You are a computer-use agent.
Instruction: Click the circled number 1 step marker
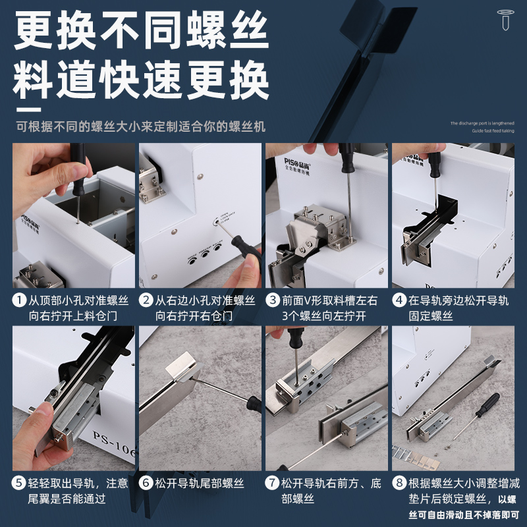(x=20, y=301)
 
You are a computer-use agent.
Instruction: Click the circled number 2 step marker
(x=146, y=301)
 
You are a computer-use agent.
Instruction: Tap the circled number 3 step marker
(x=273, y=301)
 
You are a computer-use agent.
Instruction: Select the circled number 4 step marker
(x=399, y=301)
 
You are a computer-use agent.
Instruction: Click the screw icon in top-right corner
(x=505, y=20)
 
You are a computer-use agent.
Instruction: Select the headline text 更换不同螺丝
(x=142, y=31)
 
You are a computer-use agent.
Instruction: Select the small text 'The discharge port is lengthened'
(x=483, y=123)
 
